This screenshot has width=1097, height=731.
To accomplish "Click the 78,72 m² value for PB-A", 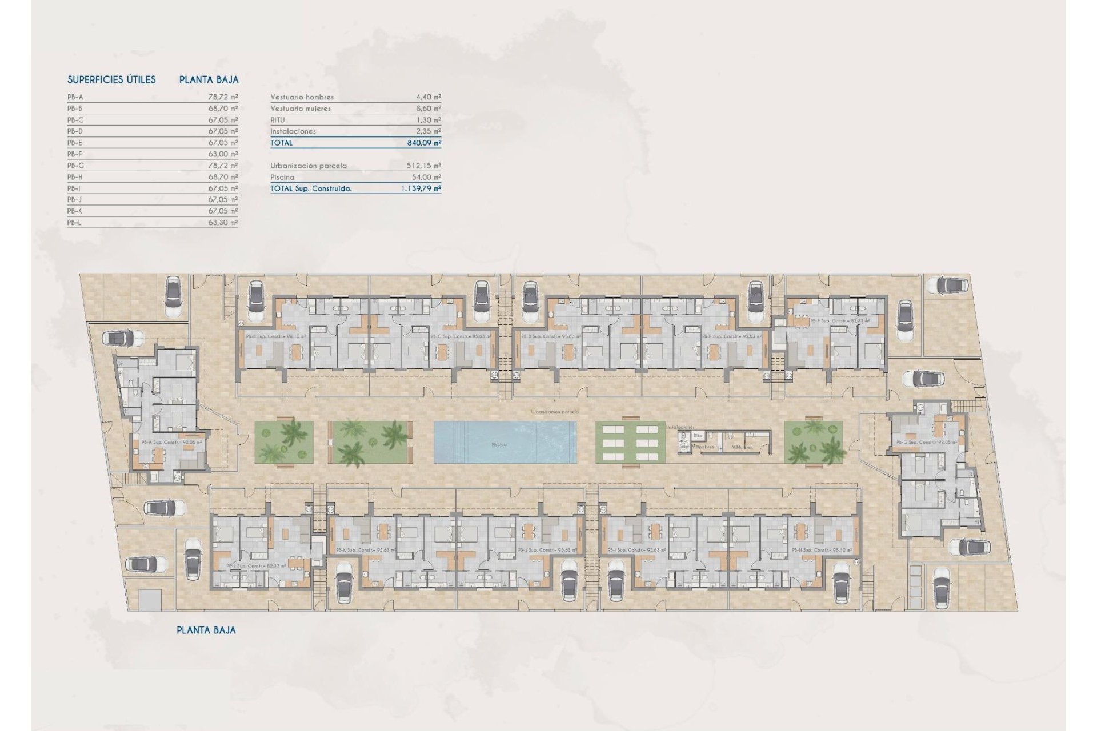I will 223,97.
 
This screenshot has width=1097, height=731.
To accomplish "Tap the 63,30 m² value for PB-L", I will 223,223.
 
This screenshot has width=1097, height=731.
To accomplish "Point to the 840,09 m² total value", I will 424,143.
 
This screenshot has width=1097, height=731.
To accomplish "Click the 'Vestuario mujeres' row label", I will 301,109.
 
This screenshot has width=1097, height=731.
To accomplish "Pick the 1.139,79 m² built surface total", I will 421,188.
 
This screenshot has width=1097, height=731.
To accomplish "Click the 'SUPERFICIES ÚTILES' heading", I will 111,80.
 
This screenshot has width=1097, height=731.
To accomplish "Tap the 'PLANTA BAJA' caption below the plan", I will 206,630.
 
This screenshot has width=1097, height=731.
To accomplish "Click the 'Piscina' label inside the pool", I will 499,444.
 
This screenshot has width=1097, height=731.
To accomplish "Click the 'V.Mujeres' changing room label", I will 742,447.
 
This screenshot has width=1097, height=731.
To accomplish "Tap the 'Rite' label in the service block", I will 698,436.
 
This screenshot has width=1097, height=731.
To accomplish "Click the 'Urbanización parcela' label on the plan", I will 555,412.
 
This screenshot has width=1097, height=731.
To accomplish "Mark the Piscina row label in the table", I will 282,177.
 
